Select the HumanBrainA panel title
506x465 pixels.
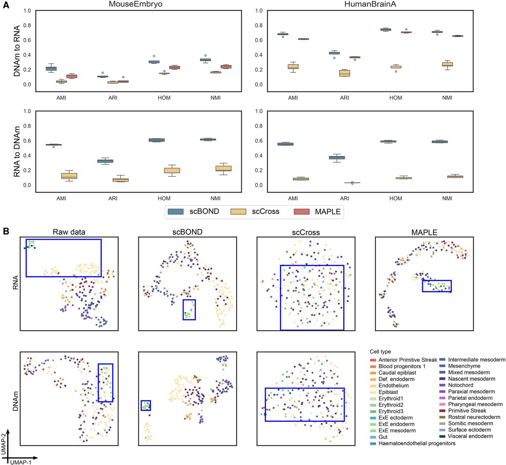pos(370,4)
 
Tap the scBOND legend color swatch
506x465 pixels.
pos(176,212)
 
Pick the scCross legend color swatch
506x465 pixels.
pos(238,212)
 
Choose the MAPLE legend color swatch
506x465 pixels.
pos(302,212)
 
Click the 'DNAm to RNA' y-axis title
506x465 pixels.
pos(17,51)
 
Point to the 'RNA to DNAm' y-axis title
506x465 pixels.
pos(17,152)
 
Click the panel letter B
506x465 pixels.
pos(6,231)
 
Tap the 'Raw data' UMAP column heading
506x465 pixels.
pos(69,232)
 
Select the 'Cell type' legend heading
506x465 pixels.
pos(380,352)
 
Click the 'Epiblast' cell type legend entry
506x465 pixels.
pos(388,392)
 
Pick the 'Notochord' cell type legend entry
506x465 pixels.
pos(461,385)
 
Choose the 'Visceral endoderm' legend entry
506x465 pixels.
pos(470,436)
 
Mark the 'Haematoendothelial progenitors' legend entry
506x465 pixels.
pos(417,443)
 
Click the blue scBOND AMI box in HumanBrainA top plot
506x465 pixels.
pos(283,34)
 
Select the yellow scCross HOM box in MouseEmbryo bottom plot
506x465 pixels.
pos(172,171)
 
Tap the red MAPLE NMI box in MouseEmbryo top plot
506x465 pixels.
pos(226,66)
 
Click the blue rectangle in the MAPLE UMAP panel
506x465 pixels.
pos(436,286)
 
